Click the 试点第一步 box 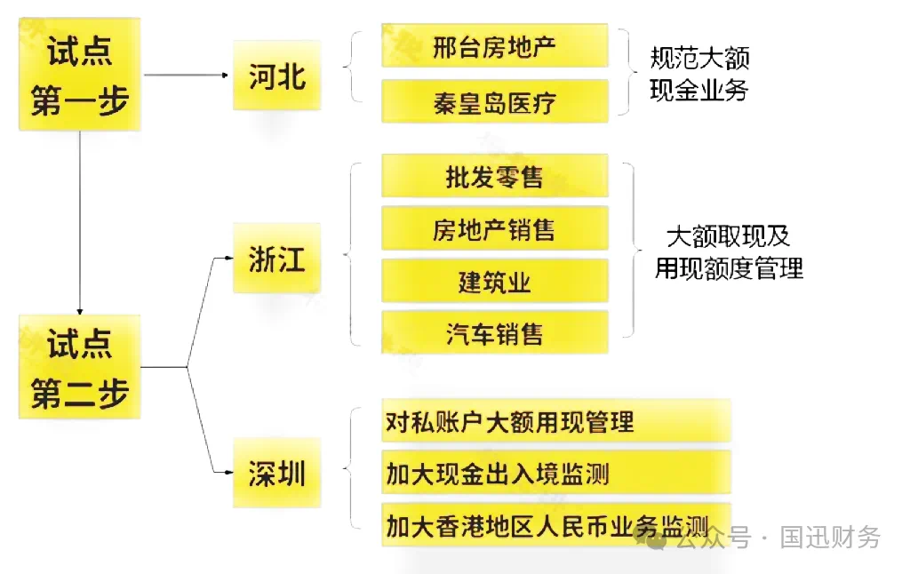[80, 75]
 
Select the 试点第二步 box [80, 366]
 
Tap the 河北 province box [276, 76]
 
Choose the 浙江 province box [276, 259]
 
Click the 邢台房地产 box [494, 46]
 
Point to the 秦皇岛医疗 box [494, 101]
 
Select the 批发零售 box [494, 176]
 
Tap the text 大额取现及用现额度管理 [729, 251]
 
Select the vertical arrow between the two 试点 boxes [80, 222]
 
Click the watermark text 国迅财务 [831, 537]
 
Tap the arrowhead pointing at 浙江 [225, 259]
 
